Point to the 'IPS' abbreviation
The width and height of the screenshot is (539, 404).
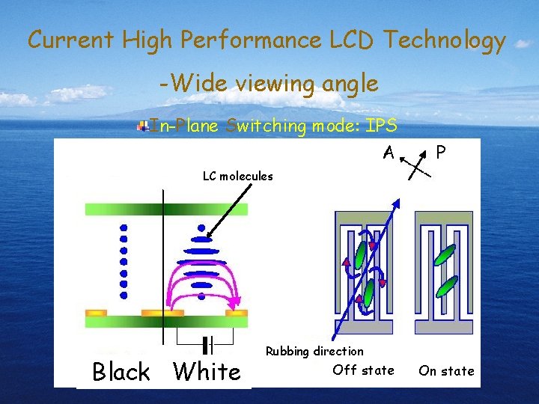[x=381, y=125]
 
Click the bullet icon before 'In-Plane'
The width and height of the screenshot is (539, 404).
[x=142, y=126]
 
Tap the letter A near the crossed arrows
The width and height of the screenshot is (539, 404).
[x=388, y=153]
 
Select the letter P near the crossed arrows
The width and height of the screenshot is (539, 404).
[x=442, y=153]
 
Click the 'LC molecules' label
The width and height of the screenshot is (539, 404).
[x=238, y=177]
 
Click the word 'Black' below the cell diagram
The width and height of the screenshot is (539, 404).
[x=121, y=371]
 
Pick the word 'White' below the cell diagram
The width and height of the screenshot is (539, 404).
[x=207, y=371]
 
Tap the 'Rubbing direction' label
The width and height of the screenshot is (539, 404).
[x=314, y=351]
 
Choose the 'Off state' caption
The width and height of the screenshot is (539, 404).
[x=363, y=370]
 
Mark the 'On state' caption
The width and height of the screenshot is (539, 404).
[x=446, y=370]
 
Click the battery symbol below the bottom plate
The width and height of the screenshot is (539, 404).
[x=207, y=344]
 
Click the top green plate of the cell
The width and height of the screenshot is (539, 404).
[x=165, y=209]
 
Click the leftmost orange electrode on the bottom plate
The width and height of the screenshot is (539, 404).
[x=96, y=311]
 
